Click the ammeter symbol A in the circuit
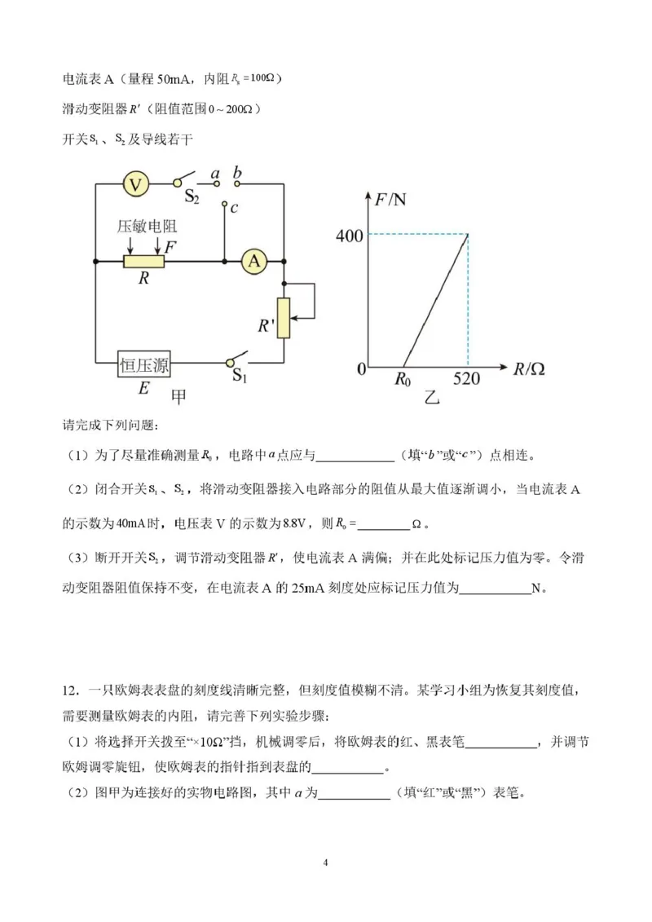point(254,261)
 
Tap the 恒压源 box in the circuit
point(144,365)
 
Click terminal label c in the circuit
point(234,208)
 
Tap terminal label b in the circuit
point(238,173)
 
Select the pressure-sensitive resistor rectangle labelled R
point(144,262)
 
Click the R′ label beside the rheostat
point(263,327)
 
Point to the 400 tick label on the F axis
point(348,236)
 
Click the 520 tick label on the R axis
point(468,379)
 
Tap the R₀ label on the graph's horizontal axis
point(403,379)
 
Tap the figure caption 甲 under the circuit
point(178,396)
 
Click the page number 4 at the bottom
point(325,862)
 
